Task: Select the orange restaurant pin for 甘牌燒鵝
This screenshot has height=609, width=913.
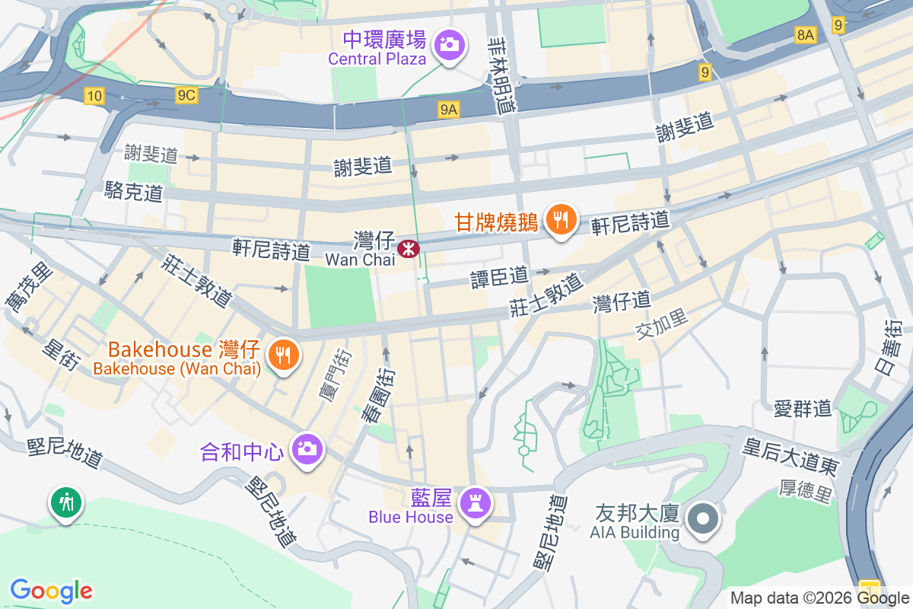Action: [561, 221]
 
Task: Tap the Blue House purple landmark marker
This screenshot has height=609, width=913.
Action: [476, 503]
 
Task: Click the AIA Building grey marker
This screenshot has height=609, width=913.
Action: [703, 519]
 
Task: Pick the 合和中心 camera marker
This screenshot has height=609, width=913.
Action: [308, 448]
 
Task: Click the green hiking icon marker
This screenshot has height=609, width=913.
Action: [67, 502]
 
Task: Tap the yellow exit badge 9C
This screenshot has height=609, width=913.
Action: [186, 95]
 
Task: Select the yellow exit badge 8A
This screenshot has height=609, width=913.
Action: [805, 35]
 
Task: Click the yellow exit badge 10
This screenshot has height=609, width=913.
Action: [94, 95]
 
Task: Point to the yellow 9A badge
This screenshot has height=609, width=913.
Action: [449, 110]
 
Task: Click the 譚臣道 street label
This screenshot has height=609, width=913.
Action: [498, 275]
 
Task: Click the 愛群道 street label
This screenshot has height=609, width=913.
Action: [802, 409]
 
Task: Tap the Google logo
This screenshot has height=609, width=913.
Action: [51, 590]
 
